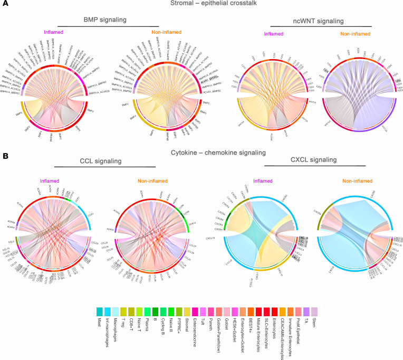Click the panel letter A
pyautogui.click(x=4, y=5)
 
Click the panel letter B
pyautogui.click(x=4, y=156)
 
